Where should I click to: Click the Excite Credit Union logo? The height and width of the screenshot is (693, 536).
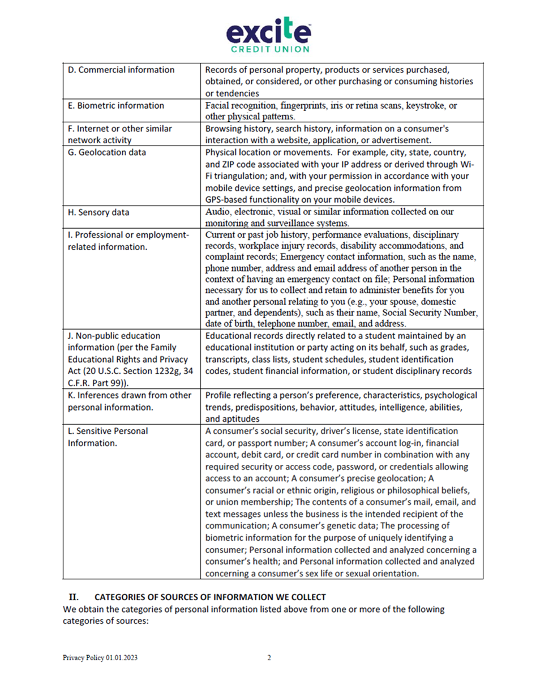pyautogui.click(x=269, y=34)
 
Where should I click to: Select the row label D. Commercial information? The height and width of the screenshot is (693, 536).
pyautogui.click(x=121, y=70)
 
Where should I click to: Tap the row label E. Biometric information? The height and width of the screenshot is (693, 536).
pyautogui.click(x=115, y=105)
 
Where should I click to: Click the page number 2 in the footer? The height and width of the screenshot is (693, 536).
pyautogui.click(x=269, y=658)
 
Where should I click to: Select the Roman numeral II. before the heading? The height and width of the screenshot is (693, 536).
pyautogui.click(x=75, y=597)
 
